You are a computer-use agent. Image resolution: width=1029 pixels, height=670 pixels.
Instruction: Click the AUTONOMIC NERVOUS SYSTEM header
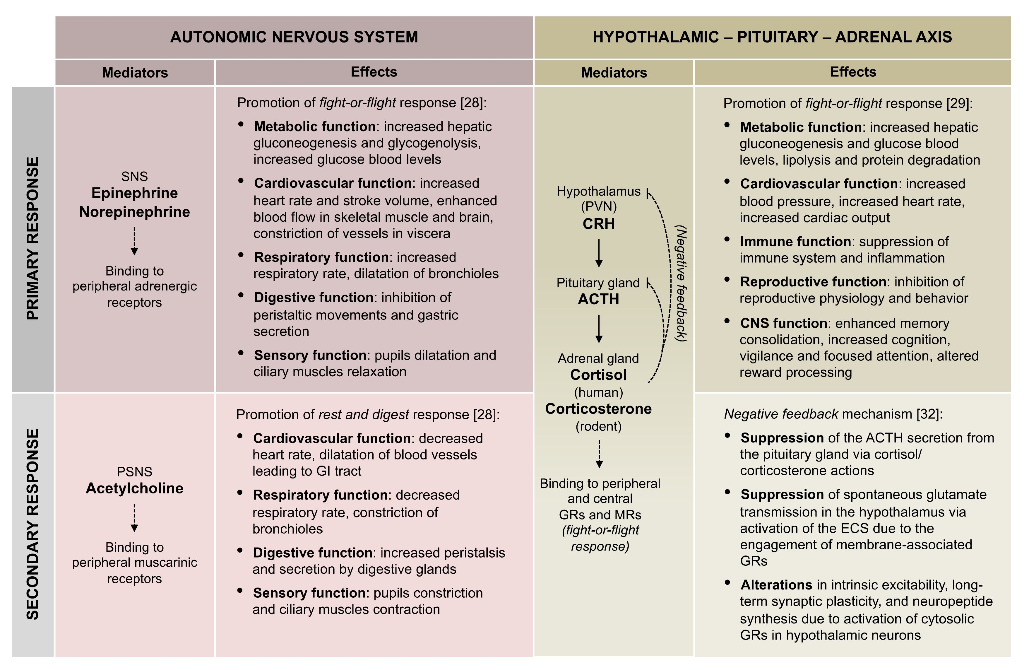pos(294,37)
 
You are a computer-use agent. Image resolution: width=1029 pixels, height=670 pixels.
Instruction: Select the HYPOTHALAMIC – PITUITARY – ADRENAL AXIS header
pos(772,37)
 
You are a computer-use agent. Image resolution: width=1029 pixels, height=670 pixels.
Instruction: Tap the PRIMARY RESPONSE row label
pos(33,238)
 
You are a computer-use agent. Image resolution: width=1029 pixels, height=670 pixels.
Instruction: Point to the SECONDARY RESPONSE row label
pos(33,524)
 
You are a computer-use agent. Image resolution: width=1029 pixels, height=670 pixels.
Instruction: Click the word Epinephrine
pos(134,193)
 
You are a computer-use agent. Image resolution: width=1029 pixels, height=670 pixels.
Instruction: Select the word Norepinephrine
pos(134,212)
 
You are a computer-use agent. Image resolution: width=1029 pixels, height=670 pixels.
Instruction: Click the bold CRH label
pos(598,224)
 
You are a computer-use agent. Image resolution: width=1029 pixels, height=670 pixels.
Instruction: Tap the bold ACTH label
pos(598,299)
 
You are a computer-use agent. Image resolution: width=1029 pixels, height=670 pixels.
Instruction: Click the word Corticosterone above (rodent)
pos(598,409)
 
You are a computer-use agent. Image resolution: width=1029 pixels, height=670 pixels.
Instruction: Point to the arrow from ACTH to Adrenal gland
pos(599,329)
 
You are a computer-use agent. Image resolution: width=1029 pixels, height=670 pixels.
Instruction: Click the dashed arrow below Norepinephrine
pos(134,241)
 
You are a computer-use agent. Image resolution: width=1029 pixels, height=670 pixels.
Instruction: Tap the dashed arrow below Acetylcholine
pos(134,517)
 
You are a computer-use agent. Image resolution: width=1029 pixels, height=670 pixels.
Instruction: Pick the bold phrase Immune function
pos(795,241)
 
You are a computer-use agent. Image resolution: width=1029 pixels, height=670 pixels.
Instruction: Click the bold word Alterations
pos(776,585)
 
